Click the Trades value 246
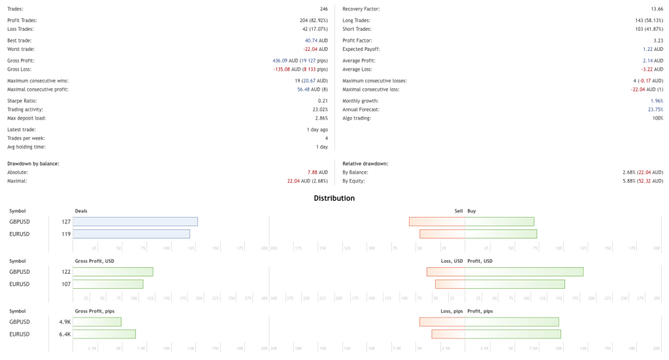point(323,8)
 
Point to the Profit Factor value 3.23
point(657,40)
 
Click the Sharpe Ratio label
point(21,101)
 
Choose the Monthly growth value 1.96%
point(657,101)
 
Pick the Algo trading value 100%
point(657,118)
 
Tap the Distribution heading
point(334,198)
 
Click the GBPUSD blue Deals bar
point(135,221)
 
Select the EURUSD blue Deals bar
point(131,234)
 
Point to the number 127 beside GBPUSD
point(65,221)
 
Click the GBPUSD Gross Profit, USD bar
point(113,272)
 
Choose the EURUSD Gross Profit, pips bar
point(104,334)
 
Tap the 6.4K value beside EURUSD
point(65,334)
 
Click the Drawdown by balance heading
point(33,163)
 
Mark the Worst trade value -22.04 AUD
point(315,49)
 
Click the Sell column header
point(458,211)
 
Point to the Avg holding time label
point(26,146)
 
